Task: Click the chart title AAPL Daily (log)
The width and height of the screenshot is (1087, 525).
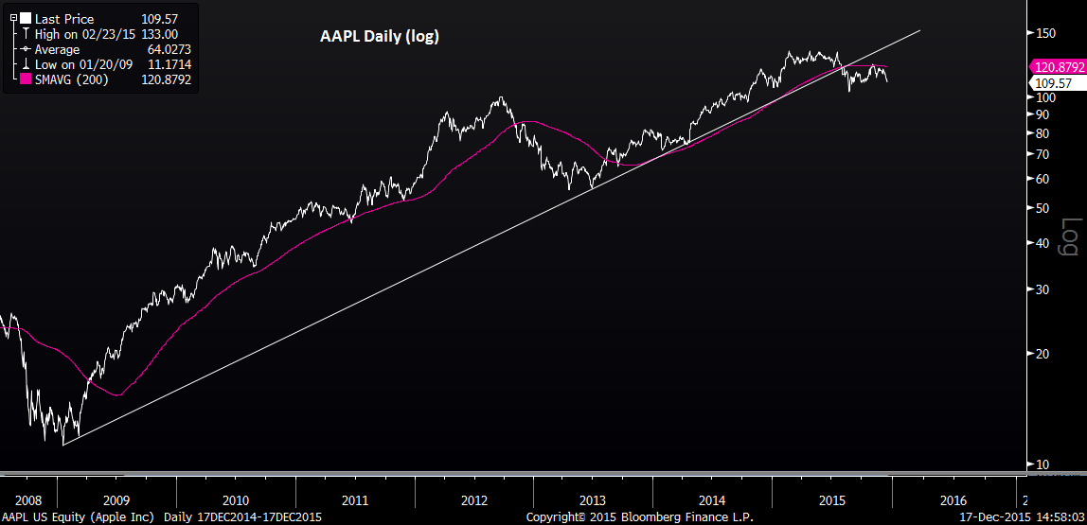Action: [378, 37]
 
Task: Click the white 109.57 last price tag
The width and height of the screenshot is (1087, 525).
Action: [1052, 83]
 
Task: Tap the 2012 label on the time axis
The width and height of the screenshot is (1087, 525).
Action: [473, 499]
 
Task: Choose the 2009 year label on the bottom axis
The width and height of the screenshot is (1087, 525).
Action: [116, 499]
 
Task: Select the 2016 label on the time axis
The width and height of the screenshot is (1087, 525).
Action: [953, 499]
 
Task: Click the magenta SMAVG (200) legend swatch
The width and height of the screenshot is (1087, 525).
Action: [27, 79]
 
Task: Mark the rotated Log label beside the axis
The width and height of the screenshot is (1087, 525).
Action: [1070, 236]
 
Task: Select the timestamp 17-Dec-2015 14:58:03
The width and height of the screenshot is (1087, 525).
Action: [1020, 517]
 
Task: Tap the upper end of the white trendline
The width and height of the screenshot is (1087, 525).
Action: [918, 31]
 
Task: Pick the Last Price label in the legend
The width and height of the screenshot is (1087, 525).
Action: [64, 19]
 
